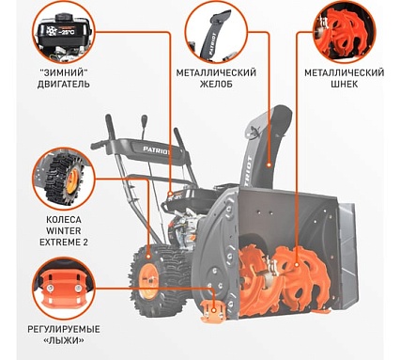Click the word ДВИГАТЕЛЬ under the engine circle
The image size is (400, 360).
(64, 84)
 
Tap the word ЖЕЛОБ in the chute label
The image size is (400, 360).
(216, 84)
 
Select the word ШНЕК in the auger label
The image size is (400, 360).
(344, 84)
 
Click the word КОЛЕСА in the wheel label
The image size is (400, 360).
(64, 219)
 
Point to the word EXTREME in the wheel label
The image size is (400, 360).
(59, 242)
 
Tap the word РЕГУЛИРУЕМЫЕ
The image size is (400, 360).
(64, 329)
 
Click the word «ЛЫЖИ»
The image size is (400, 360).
(64, 340)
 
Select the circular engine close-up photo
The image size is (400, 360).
(64, 32)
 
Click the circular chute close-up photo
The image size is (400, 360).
(216, 32)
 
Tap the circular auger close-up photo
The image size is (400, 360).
(344, 32)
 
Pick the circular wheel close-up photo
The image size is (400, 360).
(64, 179)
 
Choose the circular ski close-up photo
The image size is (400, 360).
(64, 289)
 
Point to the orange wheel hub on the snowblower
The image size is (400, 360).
(147, 281)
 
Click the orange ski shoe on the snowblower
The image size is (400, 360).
(213, 311)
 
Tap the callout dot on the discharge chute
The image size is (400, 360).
(269, 164)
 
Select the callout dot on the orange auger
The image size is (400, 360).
(297, 265)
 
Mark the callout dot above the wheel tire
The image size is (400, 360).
(147, 257)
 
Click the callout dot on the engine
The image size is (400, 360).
(170, 193)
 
